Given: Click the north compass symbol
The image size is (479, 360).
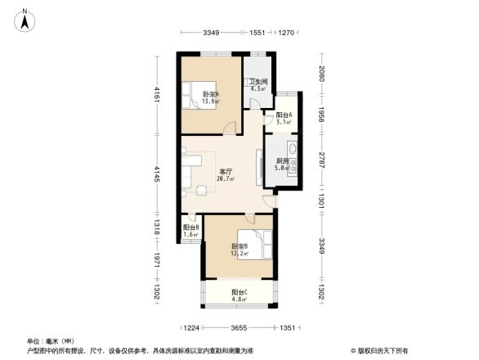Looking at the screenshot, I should [26, 18].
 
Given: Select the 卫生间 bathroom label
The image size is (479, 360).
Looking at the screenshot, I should [259, 82].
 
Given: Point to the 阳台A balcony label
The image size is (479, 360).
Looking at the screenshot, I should [284, 115].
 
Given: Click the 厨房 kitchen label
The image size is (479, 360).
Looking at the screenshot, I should [282, 160].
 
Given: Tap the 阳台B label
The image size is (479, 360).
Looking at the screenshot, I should [190, 227].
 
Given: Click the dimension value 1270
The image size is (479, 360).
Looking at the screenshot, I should [285, 33].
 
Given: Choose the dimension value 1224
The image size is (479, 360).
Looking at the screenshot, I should [192, 328].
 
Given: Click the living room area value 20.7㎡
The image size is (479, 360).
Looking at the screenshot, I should [226, 179].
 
